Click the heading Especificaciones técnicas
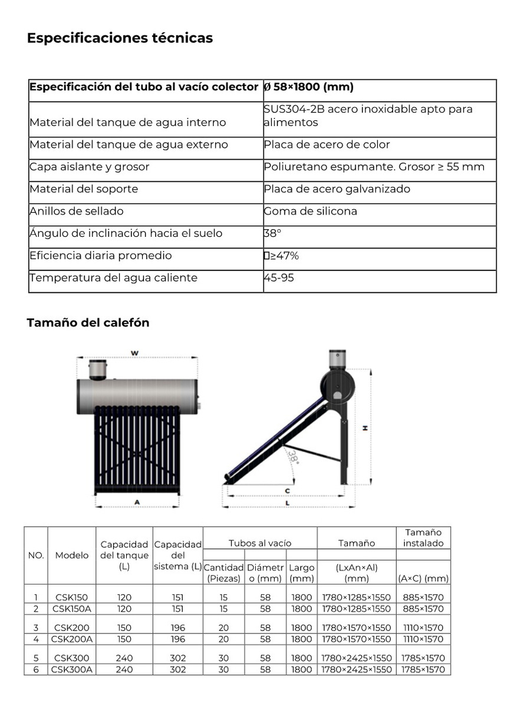(120, 38)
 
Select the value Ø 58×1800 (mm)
(308, 87)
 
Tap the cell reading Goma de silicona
(311, 212)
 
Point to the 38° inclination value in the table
(272, 233)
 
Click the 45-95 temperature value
(279, 278)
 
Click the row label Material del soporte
(84, 189)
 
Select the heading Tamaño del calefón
(88, 323)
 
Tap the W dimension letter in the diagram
(134, 353)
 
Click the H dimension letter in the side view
(365, 428)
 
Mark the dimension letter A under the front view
(137, 502)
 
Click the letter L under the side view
(288, 503)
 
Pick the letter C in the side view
(288, 490)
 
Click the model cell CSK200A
(72, 639)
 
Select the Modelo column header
(72, 556)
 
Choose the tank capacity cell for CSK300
(124, 658)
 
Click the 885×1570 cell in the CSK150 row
(423, 597)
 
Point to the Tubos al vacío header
(260, 543)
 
